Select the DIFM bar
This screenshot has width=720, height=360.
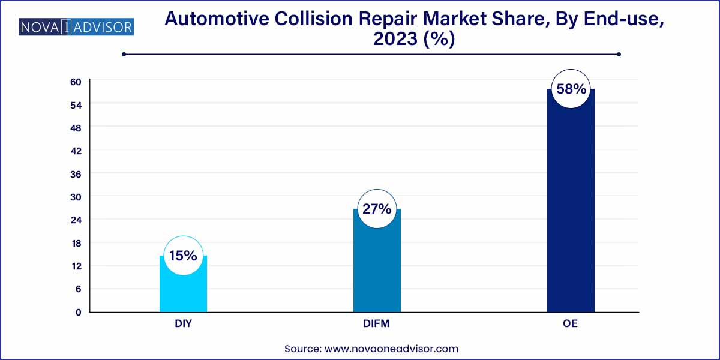click(377, 270)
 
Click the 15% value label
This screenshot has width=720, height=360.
click(183, 256)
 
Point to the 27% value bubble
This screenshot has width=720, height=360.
click(377, 209)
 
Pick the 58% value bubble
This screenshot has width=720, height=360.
click(571, 89)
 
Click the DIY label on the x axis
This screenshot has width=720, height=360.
click(183, 324)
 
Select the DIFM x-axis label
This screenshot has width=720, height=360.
click(377, 324)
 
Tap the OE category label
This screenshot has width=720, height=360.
click(571, 324)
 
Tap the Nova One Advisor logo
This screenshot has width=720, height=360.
click(76, 27)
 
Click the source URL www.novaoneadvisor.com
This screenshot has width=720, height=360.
click(391, 348)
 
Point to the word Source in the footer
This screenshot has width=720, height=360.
click(302, 348)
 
